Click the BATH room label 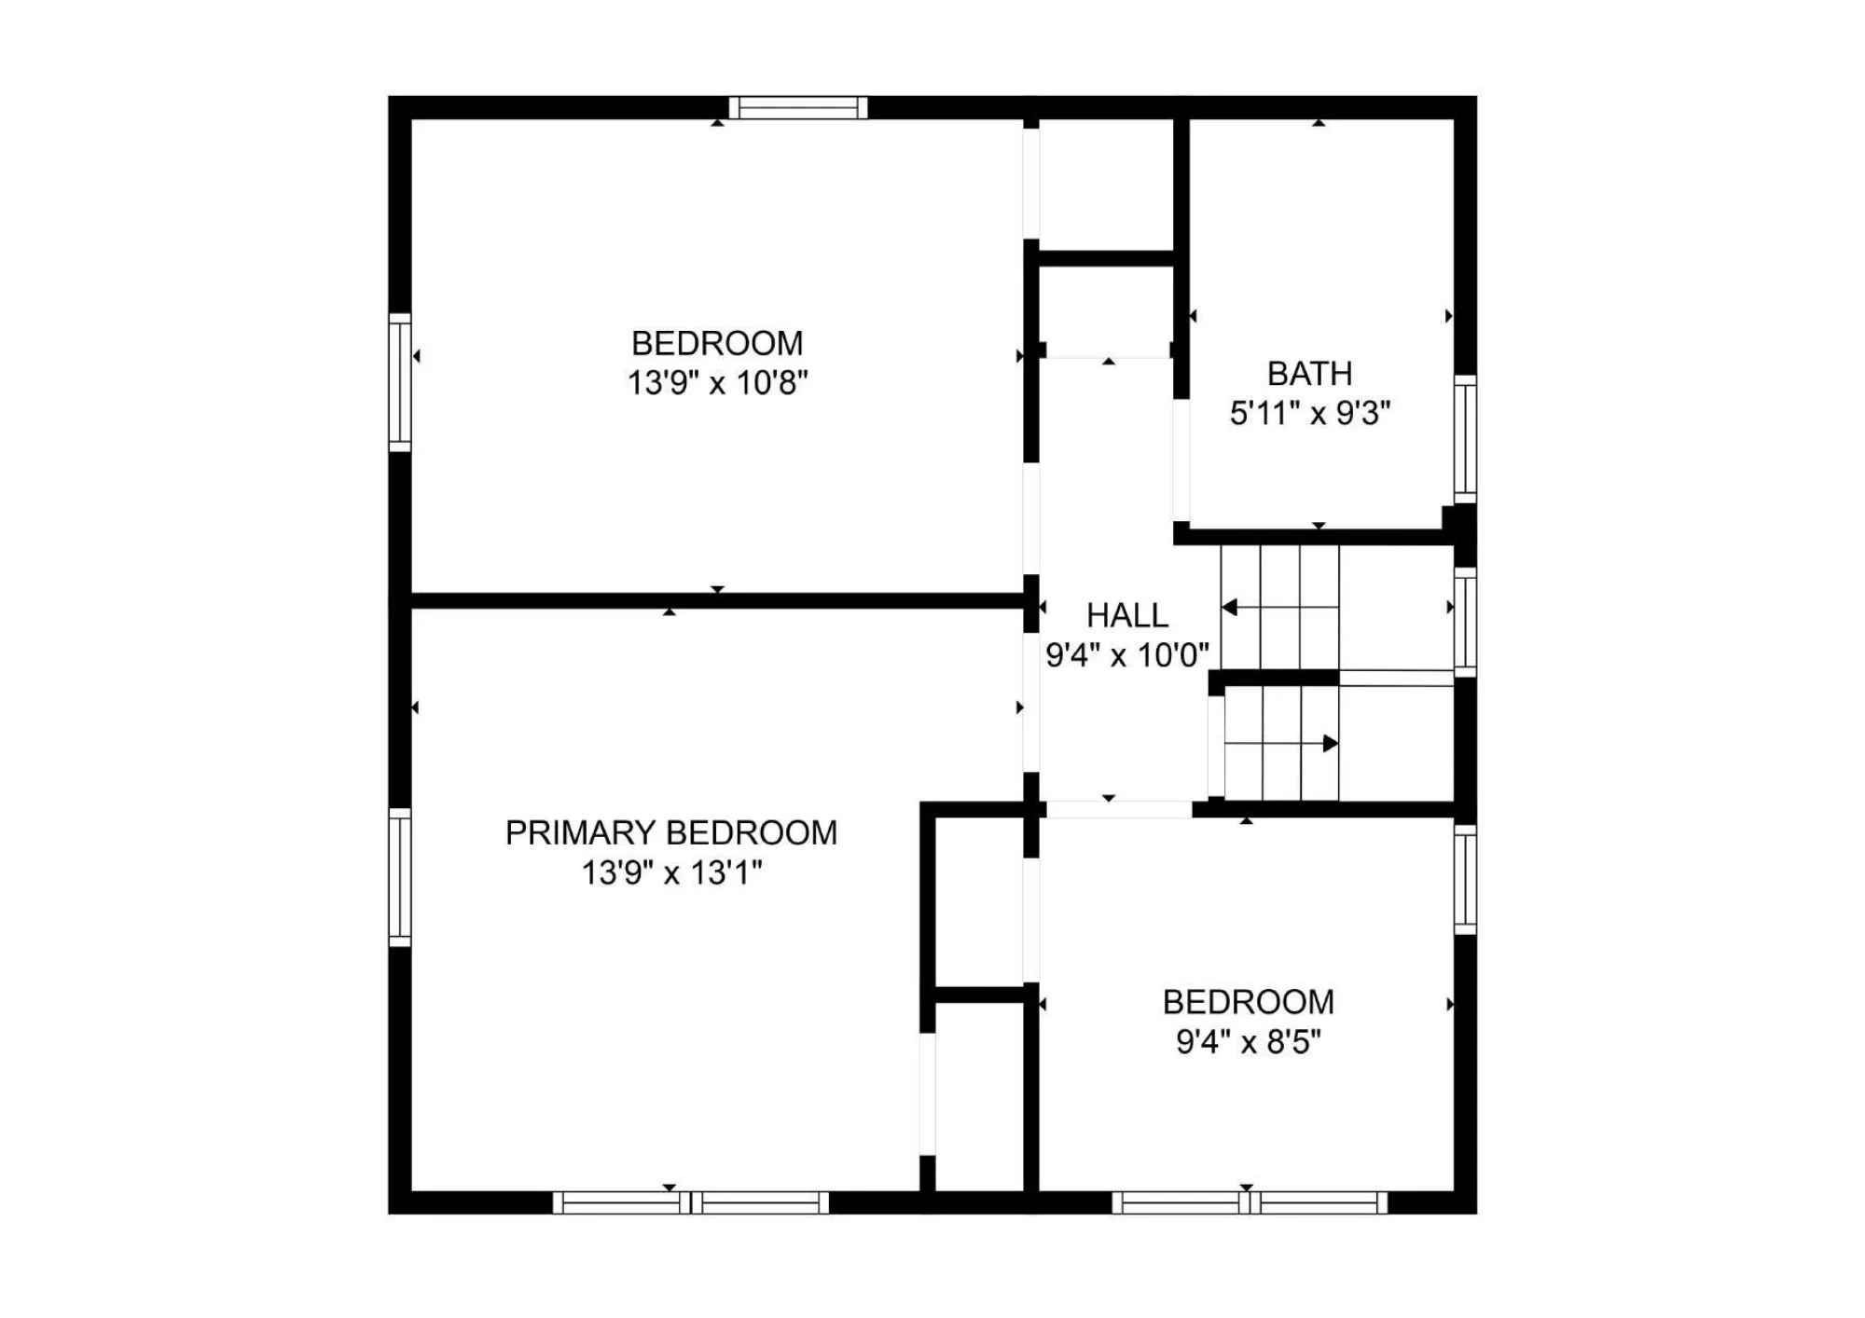pyautogui.click(x=1309, y=374)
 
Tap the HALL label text pyautogui.click(x=1127, y=615)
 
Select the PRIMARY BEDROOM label pyautogui.click(x=671, y=832)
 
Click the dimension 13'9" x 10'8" pyautogui.click(x=717, y=382)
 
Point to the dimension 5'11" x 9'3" pyautogui.click(x=1309, y=413)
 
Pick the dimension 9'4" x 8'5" pyautogui.click(x=1249, y=1041)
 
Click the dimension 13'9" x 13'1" pyautogui.click(x=671, y=872)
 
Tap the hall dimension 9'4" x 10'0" pyautogui.click(x=1127, y=655)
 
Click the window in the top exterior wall pyautogui.click(x=798, y=108)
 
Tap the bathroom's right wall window pyautogui.click(x=1466, y=439)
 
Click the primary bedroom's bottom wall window pyautogui.click(x=691, y=1202)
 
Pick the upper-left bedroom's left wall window pyautogui.click(x=400, y=382)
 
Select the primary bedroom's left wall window pyautogui.click(x=400, y=877)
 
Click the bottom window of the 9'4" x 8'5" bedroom pyautogui.click(x=1250, y=1202)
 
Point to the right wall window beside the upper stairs pyautogui.click(x=1466, y=622)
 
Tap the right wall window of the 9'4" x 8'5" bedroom pyautogui.click(x=1466, y=879)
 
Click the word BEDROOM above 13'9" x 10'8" pyautogui.click(x=717, y=343)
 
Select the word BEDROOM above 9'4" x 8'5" pyautogui.click(x=1249, y=1002)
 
